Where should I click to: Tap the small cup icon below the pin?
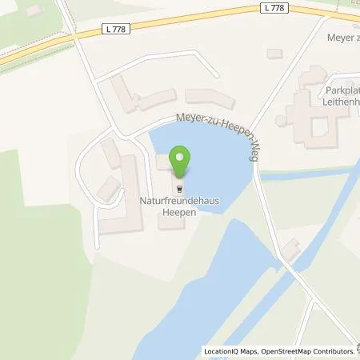pos(181,189)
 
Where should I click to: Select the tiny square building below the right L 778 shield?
pos(274,53)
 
